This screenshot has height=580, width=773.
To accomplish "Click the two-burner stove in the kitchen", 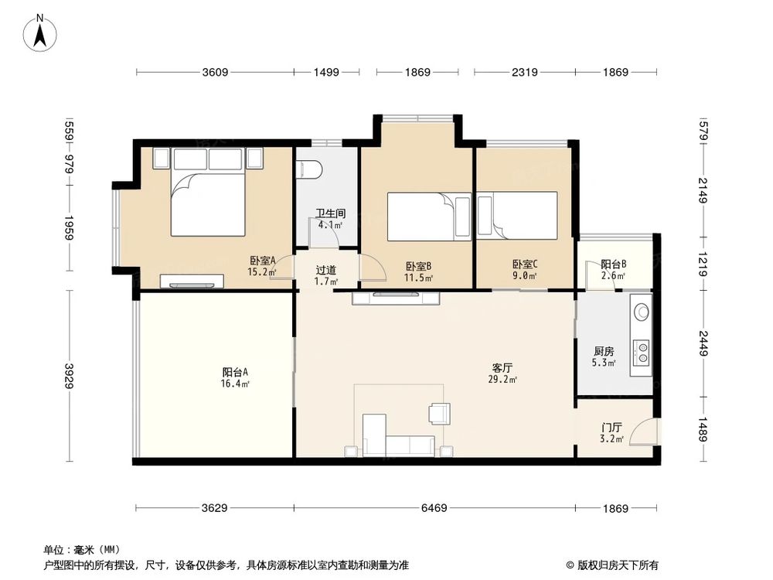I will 641,352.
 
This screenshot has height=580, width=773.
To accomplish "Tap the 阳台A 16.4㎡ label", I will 235,377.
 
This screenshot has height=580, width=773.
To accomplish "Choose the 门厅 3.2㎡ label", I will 612,432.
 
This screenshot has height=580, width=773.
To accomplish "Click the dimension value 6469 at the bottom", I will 436,508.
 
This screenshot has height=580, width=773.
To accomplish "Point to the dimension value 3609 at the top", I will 215,73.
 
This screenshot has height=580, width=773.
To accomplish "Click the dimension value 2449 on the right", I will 703,343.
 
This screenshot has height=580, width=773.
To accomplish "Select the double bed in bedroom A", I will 208,203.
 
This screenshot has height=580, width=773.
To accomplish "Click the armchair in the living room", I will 440,414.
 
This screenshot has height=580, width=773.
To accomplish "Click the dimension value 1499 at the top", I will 326,73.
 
